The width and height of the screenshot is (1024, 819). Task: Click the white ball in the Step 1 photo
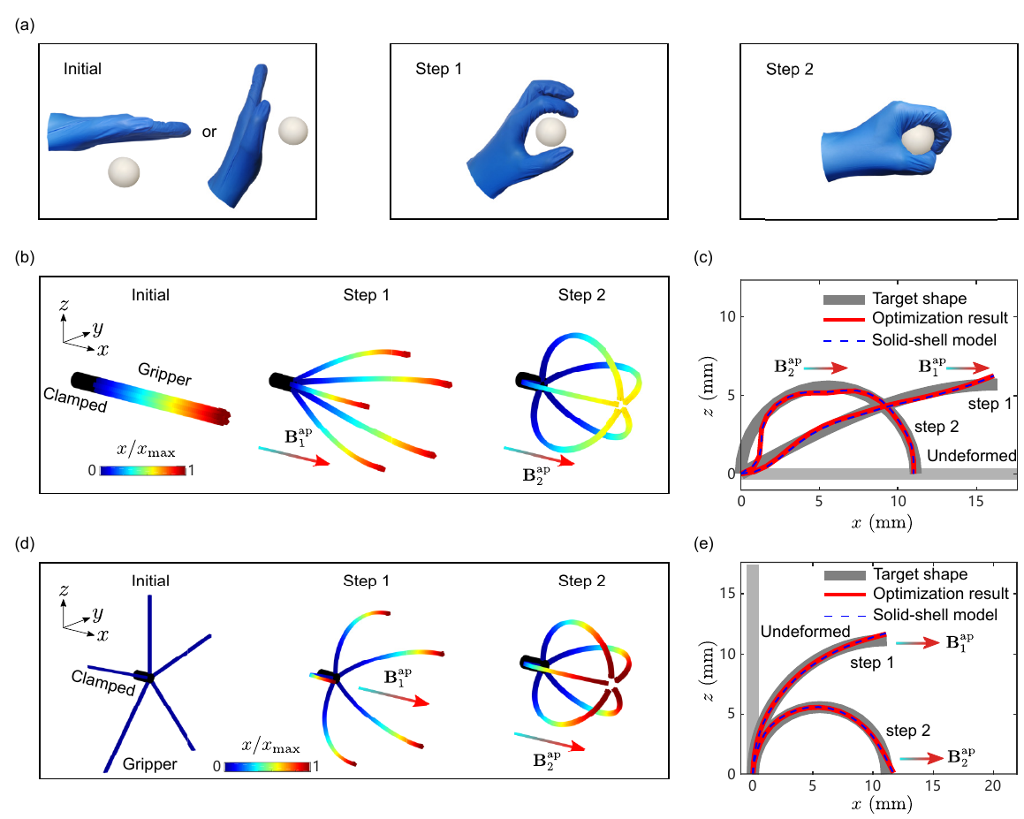coord(550,132)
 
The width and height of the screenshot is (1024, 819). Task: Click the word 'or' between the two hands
coord(209,132)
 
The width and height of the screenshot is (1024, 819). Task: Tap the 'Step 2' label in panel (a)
coord(790,69)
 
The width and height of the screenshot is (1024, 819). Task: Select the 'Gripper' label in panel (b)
coord(164,374)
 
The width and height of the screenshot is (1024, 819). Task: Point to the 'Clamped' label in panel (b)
coord(75,399)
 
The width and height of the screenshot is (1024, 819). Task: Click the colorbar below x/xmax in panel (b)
coord(143,470)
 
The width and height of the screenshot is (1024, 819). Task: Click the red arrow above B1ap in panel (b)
coord(294,456)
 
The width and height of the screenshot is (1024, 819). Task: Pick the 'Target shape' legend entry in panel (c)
coord(895,300)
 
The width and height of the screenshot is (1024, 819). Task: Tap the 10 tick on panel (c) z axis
coord(727,317)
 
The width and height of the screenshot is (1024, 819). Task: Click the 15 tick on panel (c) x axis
coord(975,501)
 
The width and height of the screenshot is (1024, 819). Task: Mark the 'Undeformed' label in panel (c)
coord(972,455)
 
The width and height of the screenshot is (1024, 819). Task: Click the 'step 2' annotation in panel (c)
coord(937,427)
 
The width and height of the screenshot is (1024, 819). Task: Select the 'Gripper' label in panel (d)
coord(149,764)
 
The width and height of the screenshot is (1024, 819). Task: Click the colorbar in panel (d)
coord(267,767)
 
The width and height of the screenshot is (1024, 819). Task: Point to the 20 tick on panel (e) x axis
coord(993,785)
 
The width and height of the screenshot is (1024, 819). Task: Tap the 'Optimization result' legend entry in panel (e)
coord(916,595)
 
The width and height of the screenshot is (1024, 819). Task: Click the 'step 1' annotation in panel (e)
coord(872,663)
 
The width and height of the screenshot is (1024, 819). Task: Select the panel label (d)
coord(25,543)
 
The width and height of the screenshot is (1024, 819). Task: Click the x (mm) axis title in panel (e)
coord(882,803)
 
